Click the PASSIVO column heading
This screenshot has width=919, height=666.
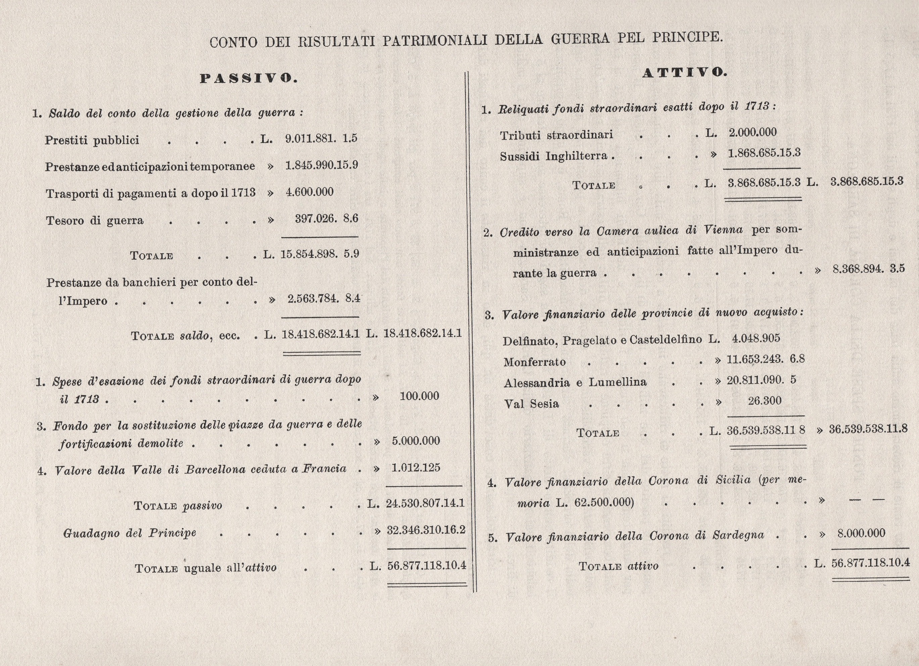coord(249,78)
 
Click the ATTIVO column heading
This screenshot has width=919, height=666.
coord(685,73)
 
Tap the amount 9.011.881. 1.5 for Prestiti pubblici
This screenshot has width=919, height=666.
coord(321,139)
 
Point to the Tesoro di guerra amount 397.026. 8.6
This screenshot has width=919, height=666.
coord(326,219)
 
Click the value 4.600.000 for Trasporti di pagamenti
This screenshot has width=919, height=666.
coord(309,192)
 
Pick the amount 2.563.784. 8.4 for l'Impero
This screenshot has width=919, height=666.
coord(323,299)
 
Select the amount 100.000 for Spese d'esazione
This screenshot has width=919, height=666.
coord(419,396)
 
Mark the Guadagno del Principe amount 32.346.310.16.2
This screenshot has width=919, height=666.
coord(426,530)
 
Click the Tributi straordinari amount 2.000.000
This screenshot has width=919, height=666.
coord(753,133)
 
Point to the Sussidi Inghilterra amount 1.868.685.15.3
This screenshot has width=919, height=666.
coord(764,153)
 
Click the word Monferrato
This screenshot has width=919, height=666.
coord(534,362)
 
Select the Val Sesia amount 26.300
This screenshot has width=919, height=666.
coord(765,401)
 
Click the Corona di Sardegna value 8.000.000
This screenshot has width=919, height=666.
coord(861,533)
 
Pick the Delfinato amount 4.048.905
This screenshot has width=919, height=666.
coord(756,338)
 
